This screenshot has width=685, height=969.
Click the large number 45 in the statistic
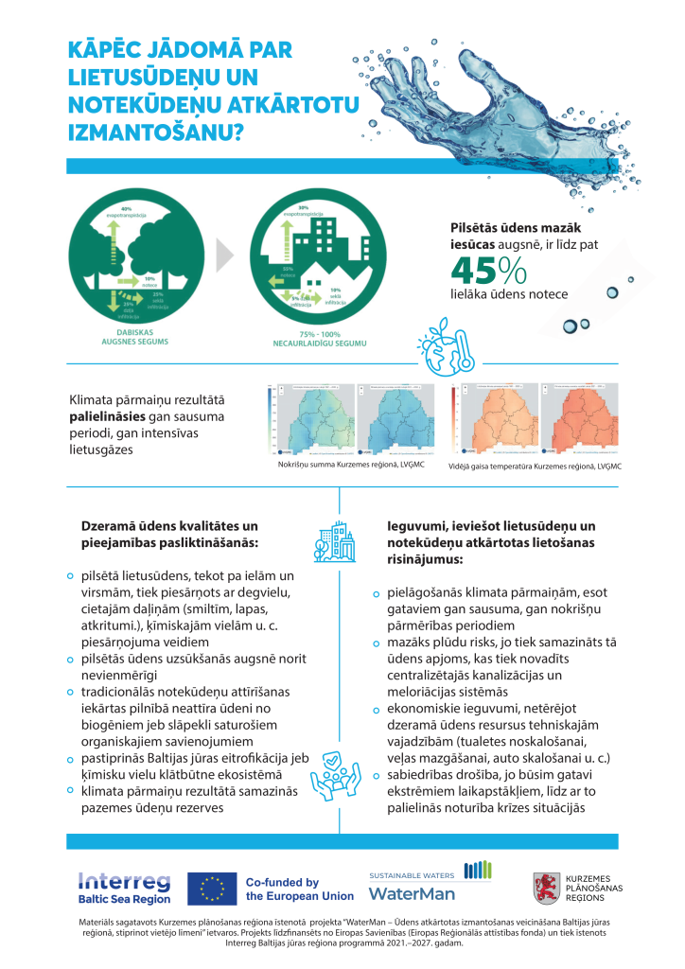(x=472, y=269)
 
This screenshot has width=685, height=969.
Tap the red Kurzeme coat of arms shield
(x=544, y=887)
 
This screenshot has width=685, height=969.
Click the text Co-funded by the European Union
(x=299, y=889)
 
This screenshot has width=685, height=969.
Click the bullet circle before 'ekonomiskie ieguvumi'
(x=377, y=708)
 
